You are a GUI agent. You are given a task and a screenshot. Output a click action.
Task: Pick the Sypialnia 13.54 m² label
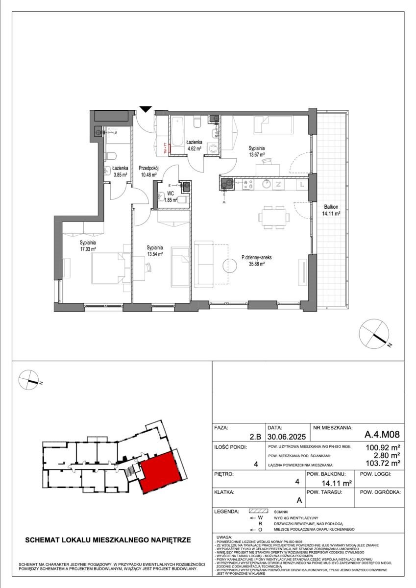click(154, 251)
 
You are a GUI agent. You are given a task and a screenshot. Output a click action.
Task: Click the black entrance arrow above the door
click(146, 108)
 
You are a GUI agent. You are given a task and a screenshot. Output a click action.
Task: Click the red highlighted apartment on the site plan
click(158, 472)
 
